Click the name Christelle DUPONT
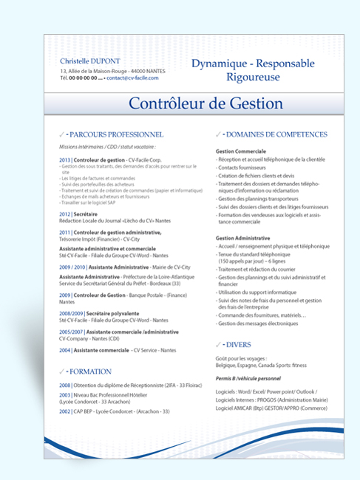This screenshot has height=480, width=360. [89, 60]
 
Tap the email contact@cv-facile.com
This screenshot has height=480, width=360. [132, 77]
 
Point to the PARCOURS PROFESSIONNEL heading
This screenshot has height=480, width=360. [118, 135]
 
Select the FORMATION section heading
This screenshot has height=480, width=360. [91, 371]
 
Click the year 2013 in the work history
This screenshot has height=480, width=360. [64, 160]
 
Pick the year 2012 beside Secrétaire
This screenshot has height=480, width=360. [64, 214]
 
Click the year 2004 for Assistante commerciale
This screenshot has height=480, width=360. [64, 350]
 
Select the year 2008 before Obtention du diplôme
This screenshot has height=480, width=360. [64, 385]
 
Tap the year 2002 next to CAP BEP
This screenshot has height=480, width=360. [64, 411]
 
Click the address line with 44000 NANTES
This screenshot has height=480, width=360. [108, 70]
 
